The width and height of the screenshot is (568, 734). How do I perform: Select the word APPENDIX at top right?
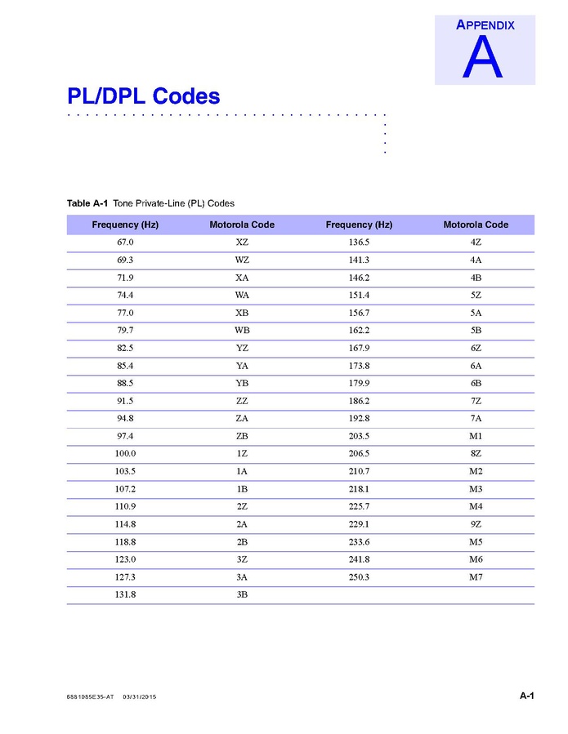click(485, 24)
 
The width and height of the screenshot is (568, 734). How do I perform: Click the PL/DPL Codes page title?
click(143, 96)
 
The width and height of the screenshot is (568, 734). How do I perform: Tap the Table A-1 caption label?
click(87, 203)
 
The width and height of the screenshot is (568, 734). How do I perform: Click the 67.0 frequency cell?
click(125, 242)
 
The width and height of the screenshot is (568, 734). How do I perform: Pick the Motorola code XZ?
click(242, 242)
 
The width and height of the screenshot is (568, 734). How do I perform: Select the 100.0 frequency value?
click(125, 454)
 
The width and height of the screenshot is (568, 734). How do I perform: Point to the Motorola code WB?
click(242, 331)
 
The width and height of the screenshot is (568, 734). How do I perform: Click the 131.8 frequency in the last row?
click(125, 595)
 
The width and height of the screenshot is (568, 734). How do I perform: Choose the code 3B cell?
click(242, 595)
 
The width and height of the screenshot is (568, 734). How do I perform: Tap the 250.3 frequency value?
click(359, 577)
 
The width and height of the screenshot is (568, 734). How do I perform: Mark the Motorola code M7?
click(476, 577)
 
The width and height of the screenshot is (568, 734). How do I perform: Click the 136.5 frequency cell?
click(359, 242)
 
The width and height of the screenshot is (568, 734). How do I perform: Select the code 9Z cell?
click(476, 524)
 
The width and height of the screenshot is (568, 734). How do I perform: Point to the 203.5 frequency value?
click(359, 436)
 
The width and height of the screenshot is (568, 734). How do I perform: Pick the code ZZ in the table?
click(242, 401)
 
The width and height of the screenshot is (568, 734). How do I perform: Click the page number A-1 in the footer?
click(526, 696)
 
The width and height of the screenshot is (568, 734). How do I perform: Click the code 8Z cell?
click(476, 454)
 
